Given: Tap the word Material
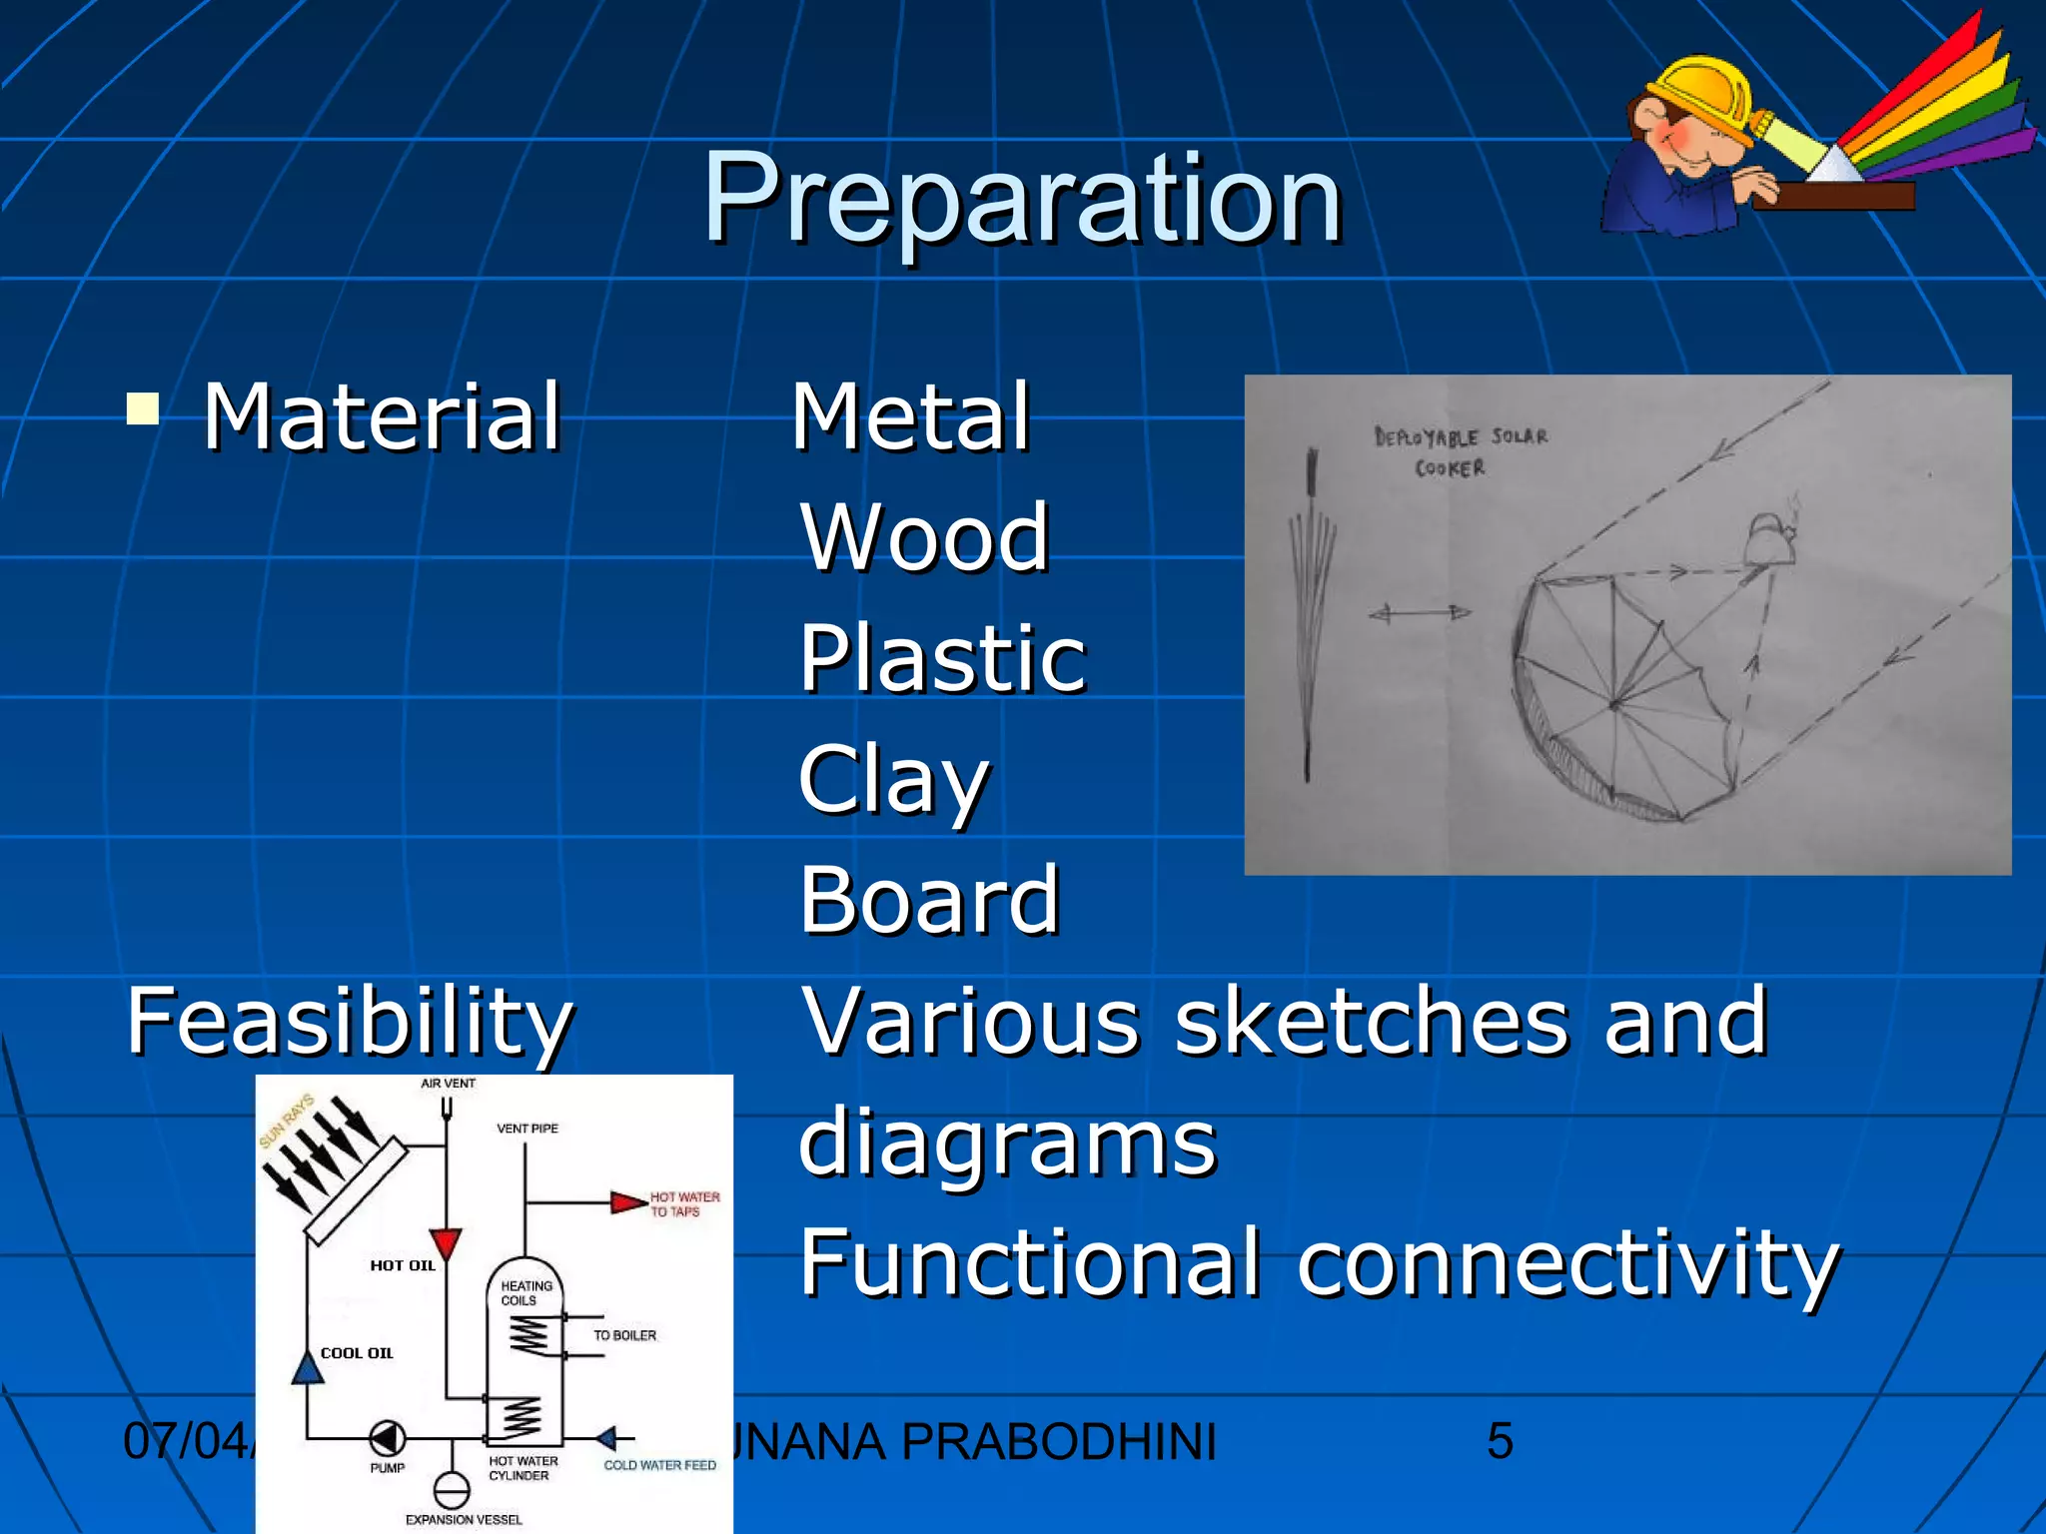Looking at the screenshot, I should pos(382,416).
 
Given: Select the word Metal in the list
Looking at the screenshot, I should pos(910,416).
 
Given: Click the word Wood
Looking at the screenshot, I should pos(924,537).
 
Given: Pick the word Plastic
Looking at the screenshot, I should pos(942,658).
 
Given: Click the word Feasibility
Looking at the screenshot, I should pos(350,1022).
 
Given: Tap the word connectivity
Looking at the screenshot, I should pos(1567,1262).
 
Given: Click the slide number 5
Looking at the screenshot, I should pos(1500,1441).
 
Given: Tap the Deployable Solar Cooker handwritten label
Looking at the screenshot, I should pos(1460,451).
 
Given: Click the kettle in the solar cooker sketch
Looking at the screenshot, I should pos(1769,539).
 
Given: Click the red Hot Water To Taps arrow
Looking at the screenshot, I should pos(628,1201).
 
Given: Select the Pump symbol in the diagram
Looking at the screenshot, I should pos(387,1439).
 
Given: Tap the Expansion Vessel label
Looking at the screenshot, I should pos(464,1519).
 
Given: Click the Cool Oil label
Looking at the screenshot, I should pos(357,1353).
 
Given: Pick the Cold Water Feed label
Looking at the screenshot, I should pos(659,1465).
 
